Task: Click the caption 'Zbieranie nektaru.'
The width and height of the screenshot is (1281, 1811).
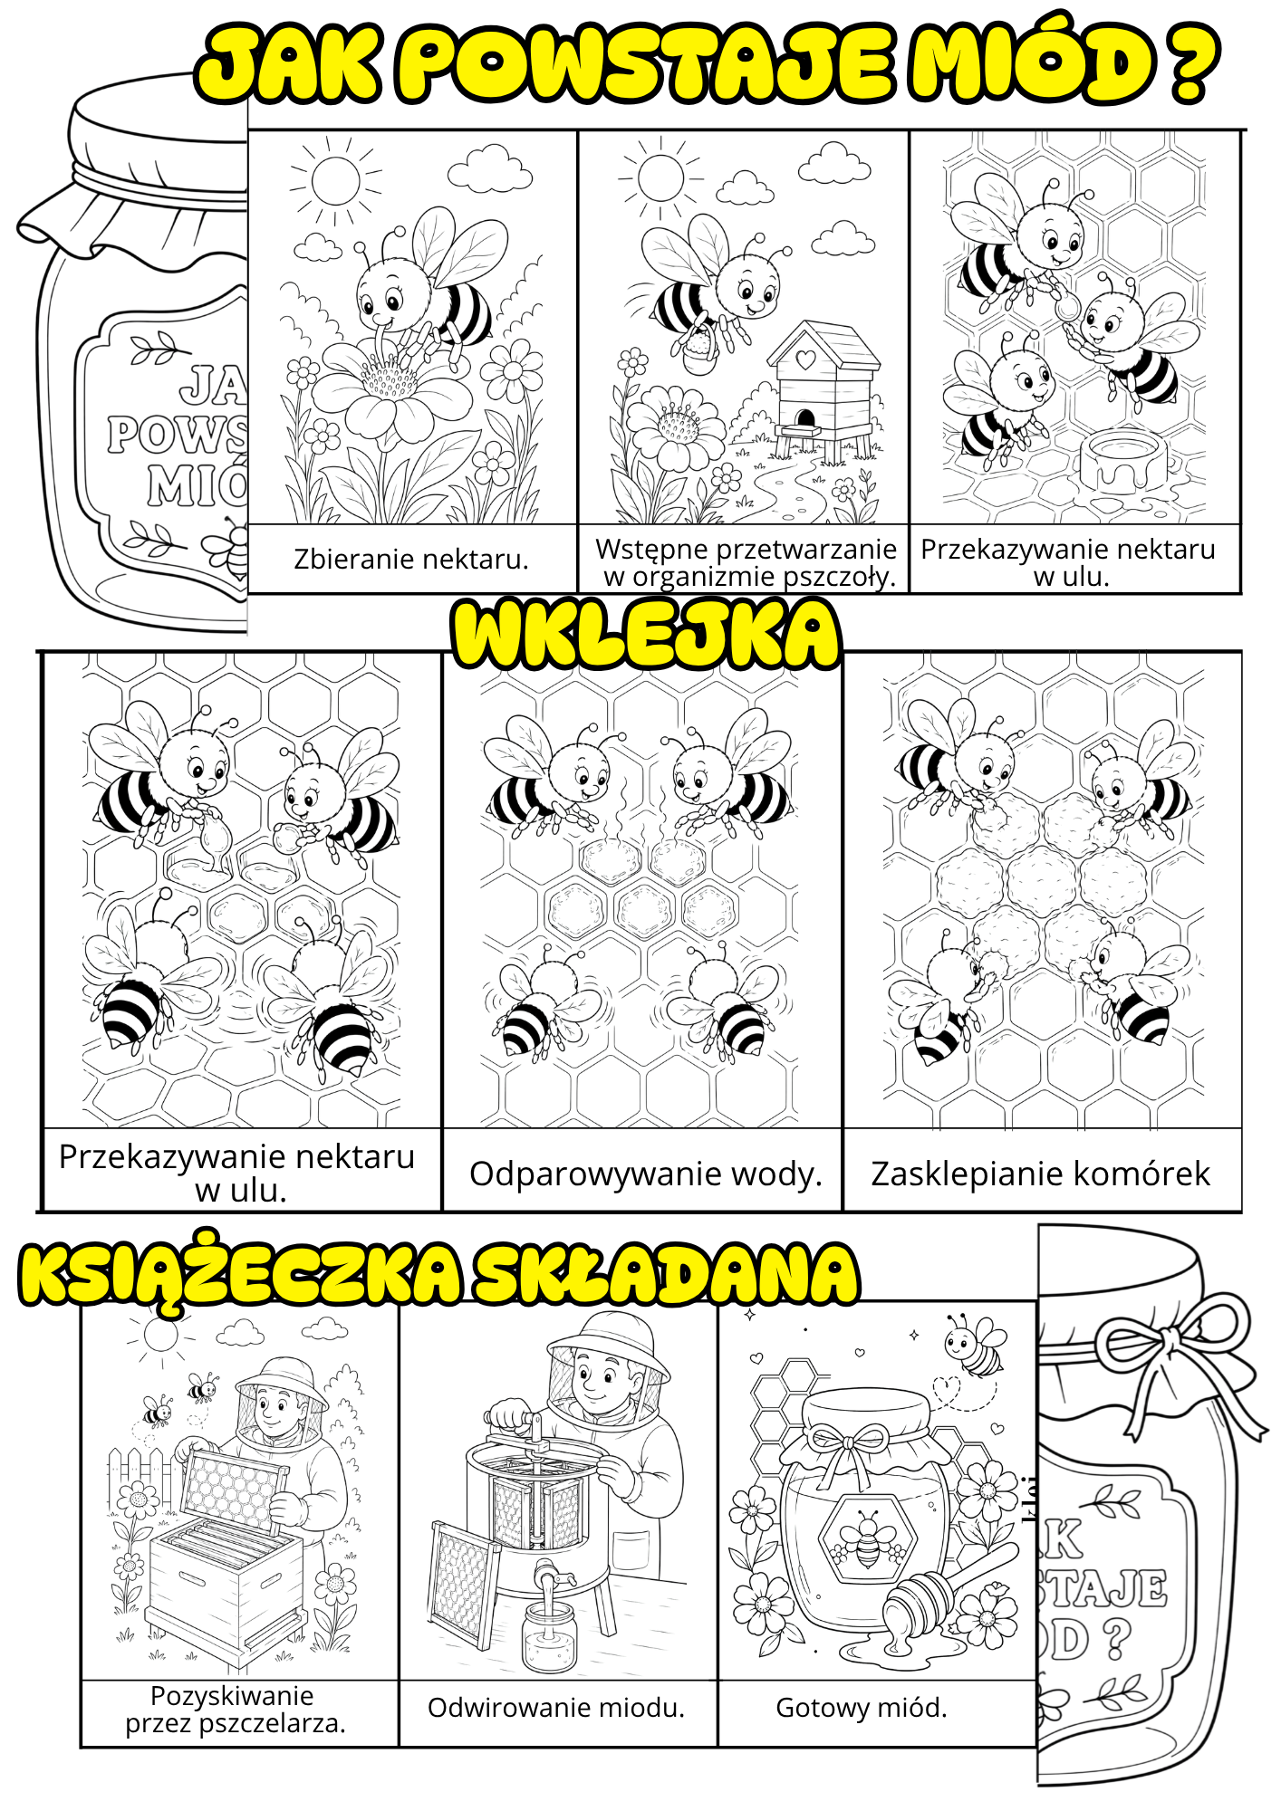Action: click(x=410, y=560)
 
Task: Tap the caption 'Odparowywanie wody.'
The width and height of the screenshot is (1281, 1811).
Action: click(x=646, y=1174)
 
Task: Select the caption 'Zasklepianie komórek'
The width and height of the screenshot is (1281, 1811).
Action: click(x=1040, y=1174)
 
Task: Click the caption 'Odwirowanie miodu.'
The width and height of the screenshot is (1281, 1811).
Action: click(x=556, y=1708)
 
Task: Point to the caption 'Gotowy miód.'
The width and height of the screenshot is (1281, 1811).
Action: click(x=862, y=1708)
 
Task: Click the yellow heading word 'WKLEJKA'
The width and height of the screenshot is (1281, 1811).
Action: click(x=647, y=634)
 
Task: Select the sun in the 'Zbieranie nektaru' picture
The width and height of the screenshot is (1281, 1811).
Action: click(x=335, y=180)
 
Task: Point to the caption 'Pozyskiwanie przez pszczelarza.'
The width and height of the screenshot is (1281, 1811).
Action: click(x=235, y=1710)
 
